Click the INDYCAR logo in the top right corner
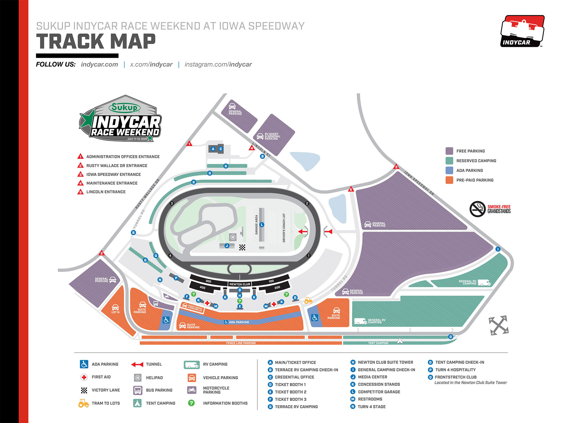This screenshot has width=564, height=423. click(522, 31)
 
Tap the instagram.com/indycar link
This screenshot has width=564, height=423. click(218, 65)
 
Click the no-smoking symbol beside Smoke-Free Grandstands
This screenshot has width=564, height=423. click(477, 209)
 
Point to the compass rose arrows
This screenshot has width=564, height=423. click(499, 325)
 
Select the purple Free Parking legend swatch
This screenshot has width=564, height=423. click(449, 151)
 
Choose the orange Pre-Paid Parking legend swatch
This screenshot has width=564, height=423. click(449, 180)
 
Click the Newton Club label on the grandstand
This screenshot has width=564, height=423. click(240, 284)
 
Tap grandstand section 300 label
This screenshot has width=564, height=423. click(208, 281)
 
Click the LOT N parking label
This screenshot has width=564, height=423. click(115, 312)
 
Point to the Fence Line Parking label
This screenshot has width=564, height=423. click(241, 343)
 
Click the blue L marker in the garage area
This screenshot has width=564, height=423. click(262, 225)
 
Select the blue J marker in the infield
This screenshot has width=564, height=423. click(227, 246)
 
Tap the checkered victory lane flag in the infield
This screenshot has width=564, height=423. click(242, 248)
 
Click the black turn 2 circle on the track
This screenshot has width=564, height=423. click(307, 203)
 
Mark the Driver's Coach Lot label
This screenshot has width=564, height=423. click(284, 228)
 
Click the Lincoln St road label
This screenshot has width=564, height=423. click(261, 150)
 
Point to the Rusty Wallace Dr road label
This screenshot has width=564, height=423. click(147, 194)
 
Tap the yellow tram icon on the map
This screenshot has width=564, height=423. click(308, 301)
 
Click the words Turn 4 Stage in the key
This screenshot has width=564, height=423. click(371, 407)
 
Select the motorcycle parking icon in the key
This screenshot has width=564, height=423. click(192, 390)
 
